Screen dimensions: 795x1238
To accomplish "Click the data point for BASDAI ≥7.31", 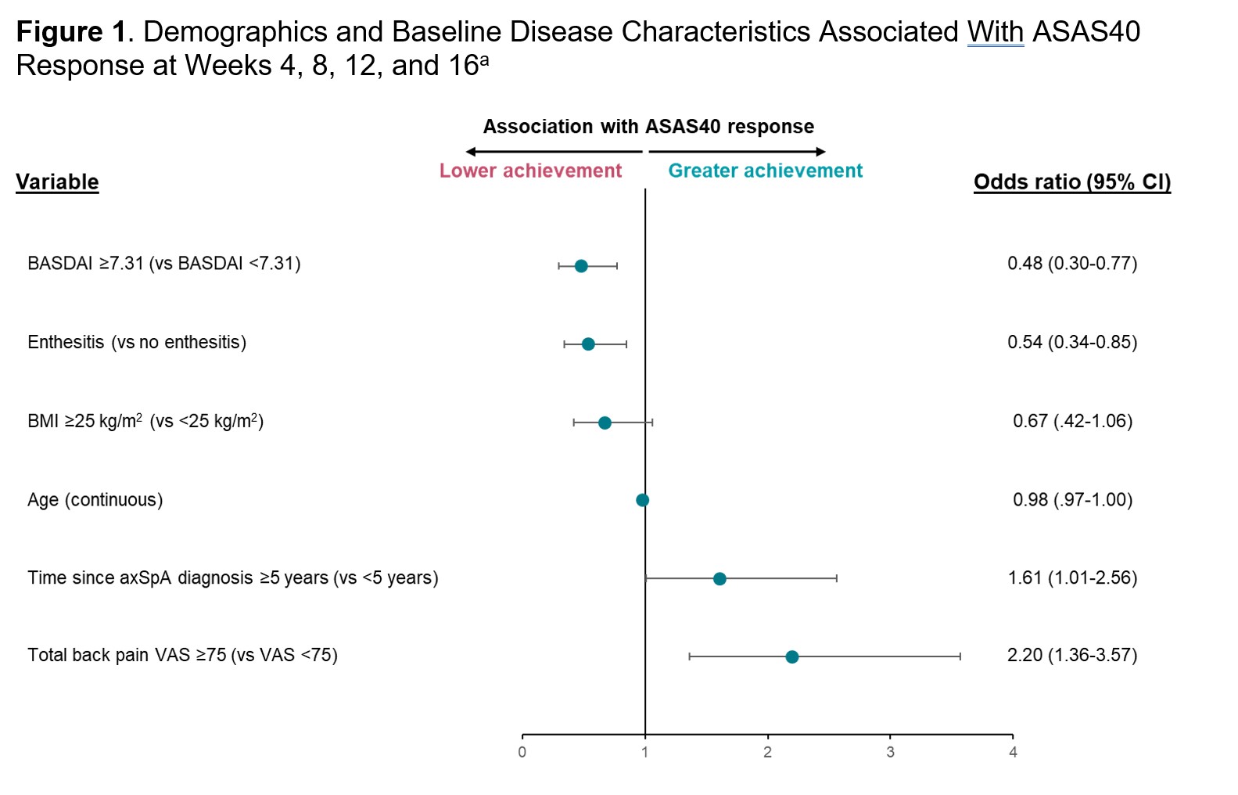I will click(581, 266).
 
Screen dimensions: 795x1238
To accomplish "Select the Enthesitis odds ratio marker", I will click(588, 344).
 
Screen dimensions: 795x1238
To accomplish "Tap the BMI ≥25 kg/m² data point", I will click(605, 423).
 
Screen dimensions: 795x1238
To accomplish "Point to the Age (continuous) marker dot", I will click(642, 500).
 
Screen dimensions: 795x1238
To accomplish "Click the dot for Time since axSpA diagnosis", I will click(719, 579).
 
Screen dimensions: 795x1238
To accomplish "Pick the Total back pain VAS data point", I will click(791, 657).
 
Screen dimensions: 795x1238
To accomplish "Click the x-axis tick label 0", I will click(522, 753).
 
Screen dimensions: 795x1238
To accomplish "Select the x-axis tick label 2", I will click(767, 753).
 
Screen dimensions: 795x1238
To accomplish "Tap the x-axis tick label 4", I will click(1013, 753).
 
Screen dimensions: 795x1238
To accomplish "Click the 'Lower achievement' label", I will click(530, 171).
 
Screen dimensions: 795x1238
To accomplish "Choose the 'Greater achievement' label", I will click(765, 171).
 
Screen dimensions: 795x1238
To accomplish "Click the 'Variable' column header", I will click(57, 182).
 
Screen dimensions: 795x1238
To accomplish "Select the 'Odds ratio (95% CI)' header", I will click(1071, 182).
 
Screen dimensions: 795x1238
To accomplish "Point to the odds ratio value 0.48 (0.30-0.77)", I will click(1071, 264).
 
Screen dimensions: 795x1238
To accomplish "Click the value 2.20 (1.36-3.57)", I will click(1071, 655).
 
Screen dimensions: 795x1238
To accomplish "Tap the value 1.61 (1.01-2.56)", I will click(1071, 577).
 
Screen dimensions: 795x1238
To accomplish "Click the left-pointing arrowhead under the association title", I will click(470, 152).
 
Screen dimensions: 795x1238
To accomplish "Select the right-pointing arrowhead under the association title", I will click(821, 152).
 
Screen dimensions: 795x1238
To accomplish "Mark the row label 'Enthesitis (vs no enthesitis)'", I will click(137, 342).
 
